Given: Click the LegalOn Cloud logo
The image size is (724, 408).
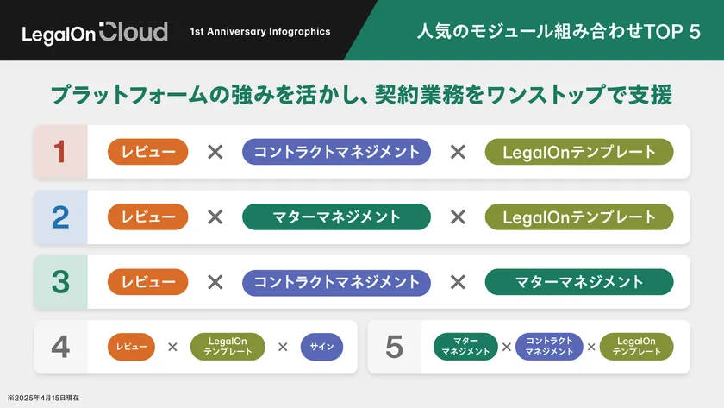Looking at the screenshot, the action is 95,32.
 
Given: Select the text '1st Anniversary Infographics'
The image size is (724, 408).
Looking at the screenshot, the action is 260,31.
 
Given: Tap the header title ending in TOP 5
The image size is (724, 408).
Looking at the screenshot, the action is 559,31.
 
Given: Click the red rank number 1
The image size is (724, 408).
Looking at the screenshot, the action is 60,152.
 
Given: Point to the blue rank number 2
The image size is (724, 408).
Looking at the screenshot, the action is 60,217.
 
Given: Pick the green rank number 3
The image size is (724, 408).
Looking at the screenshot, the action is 60,282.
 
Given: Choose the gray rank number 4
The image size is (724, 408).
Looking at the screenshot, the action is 60,347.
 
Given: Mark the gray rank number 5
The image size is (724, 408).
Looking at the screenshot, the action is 394,347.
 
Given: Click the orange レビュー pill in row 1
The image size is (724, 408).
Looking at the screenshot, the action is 147,152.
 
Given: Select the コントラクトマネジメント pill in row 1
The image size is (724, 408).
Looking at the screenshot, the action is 337,152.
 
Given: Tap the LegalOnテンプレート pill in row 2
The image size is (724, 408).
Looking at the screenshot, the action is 579,217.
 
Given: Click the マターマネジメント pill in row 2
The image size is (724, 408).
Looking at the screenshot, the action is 337,217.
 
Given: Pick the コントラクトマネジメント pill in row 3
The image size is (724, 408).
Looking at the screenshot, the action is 337,282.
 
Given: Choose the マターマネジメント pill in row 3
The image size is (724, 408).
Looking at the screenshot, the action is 579,282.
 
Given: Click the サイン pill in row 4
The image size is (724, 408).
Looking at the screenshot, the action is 321,347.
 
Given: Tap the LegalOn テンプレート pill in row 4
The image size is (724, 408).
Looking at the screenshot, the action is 228,347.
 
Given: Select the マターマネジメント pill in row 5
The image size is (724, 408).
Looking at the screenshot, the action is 465,347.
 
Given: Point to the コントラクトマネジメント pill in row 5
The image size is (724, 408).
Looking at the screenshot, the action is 549,347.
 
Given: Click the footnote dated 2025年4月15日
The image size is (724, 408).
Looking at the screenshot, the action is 43,398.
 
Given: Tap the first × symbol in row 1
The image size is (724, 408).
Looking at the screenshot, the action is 215,152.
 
